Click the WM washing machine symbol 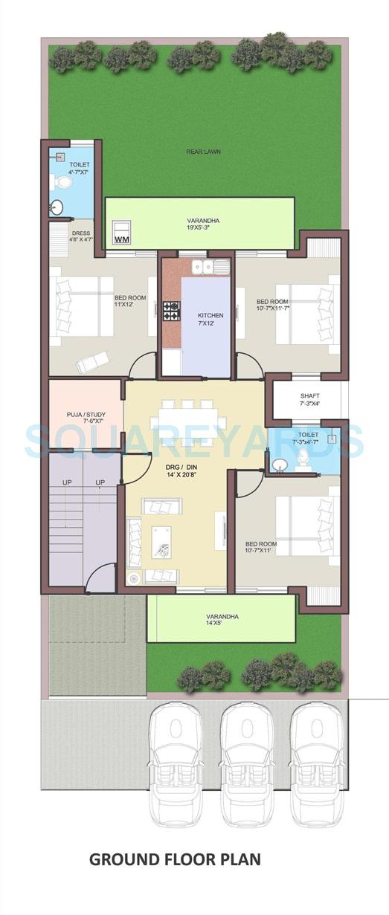coord(121,233)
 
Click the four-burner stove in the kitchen coord(171,311)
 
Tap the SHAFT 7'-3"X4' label coord(309,400)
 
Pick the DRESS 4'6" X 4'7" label coord(81,236)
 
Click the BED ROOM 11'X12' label coord(129,301)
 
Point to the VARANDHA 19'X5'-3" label coord(202,224)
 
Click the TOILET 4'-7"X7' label coord(80,168)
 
